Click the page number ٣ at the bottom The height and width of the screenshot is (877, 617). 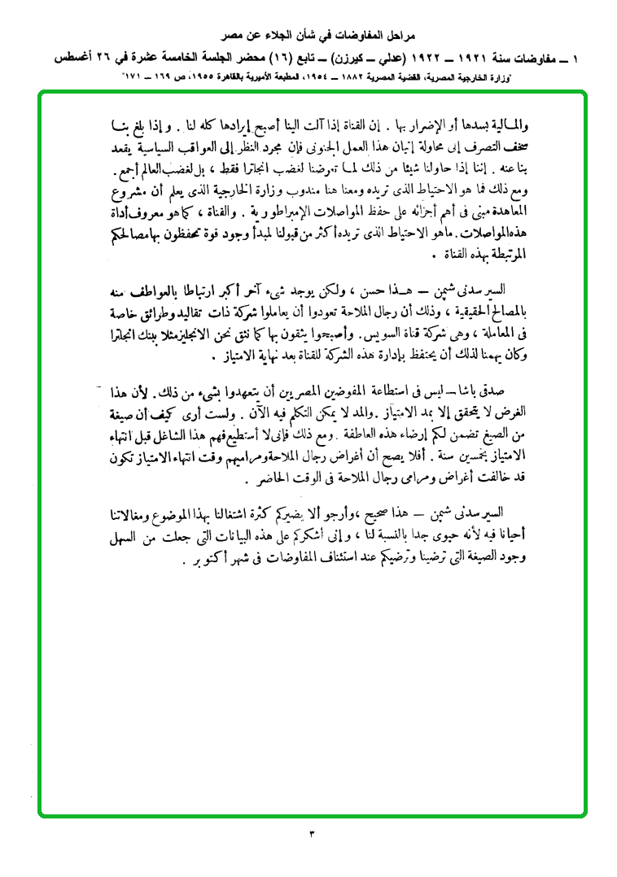tap(312, 835)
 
